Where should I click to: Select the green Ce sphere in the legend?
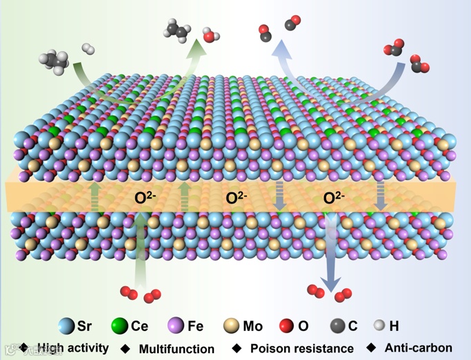pos(120,326)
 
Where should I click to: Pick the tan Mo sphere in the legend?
pos(232,326)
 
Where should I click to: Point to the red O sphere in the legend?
pos(287,326)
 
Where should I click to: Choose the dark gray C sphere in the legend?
pos(337,326)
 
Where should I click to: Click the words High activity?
pos(73,348)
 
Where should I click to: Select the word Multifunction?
pos(177,349)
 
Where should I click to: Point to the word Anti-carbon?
pos(419,348)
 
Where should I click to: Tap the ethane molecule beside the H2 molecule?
pos(55,60)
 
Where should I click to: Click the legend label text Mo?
pos(253,326)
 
